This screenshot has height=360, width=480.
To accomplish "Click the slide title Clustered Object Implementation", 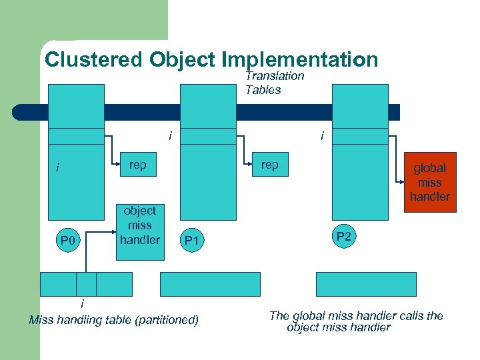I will coord(211,60).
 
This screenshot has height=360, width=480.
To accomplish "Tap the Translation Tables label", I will coord(274,83).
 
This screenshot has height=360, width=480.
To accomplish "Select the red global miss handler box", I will coord(430,182).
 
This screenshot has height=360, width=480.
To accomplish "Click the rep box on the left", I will coord(138,165).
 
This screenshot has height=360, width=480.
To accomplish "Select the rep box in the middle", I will coord(270,165).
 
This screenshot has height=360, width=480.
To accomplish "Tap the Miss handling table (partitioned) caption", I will coord(114,320).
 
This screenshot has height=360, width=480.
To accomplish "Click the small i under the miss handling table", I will coord(82,304).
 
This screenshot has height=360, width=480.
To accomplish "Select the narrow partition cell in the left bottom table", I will coord(86,284).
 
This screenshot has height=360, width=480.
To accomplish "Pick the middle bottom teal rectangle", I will coord(210,284).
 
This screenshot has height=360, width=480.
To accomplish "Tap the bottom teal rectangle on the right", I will coord(365,284).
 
